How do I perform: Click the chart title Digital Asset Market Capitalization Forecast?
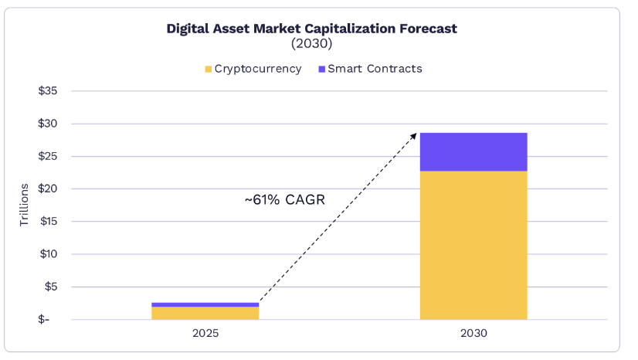[312, 29]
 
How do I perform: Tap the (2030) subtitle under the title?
[312, 44]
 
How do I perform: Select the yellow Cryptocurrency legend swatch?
[209, 70]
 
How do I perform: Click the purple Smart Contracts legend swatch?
[321, 70]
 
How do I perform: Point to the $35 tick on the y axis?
[49, 91]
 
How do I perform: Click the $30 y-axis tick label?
[49, 124]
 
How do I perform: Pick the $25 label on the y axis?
[49, 156]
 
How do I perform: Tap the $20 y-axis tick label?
[49, 188]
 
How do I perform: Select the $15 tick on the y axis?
[49, 222]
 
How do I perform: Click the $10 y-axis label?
[49, 254]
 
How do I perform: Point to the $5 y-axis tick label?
[51, 287]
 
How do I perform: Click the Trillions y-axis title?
[24, 205]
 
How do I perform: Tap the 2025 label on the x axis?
[205, 335]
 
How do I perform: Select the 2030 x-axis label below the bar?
[473, 335]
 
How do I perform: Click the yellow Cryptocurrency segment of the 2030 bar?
[473, 245]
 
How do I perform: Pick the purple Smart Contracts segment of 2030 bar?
[473, 152]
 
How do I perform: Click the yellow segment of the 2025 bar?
[205, 313]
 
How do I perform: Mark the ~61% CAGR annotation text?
[285, 200]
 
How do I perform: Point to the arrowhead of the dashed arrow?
[414, 134]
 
